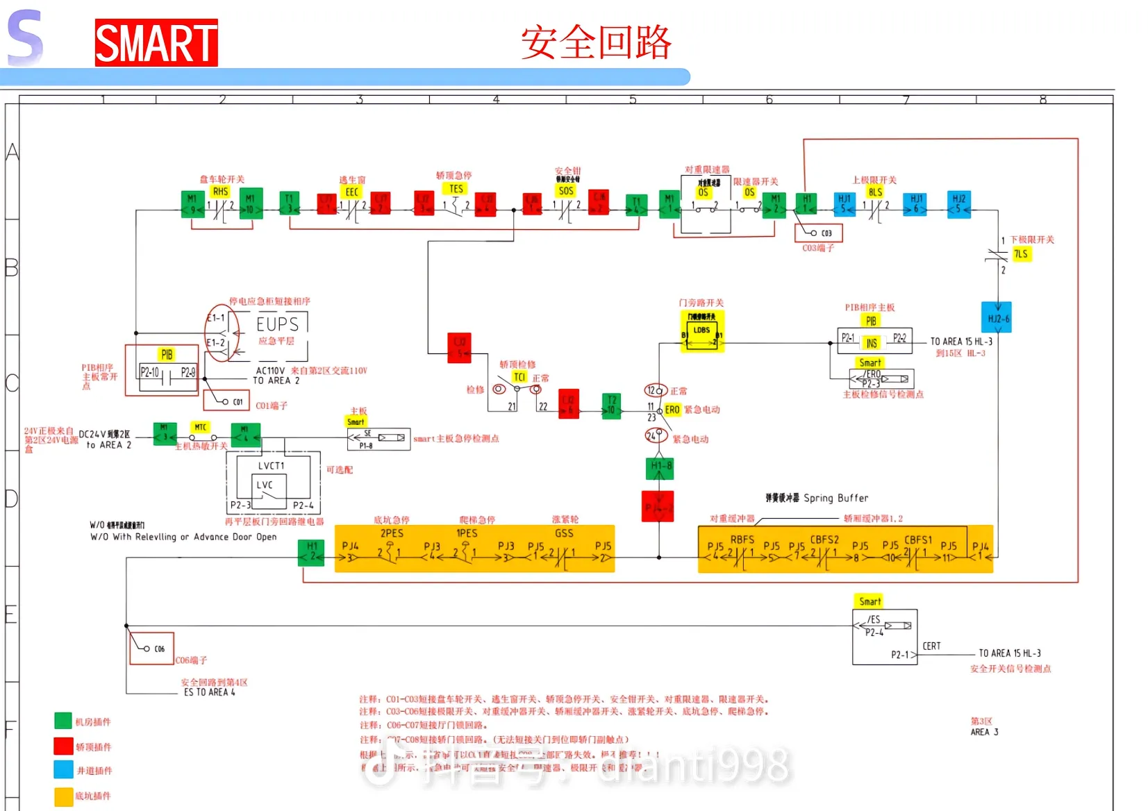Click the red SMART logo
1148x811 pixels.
coord(156,43)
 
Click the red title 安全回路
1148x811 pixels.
coord(596,42)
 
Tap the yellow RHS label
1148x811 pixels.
coord(220,192)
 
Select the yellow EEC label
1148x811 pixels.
coord(352,192)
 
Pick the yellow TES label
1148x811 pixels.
coord(456,189)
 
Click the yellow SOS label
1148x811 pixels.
coord(566,191)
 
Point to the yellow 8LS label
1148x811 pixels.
coord(875,192)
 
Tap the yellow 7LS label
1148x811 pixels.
coord(1020,254)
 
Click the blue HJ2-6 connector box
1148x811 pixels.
coord(997,318)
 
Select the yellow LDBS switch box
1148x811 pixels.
coord(702,332)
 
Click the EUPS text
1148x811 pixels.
coord(277,324)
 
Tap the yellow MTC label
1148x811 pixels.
coord(201,427)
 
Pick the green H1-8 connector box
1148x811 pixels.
coord(660,469)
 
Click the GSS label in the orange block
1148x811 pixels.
coord(564,533)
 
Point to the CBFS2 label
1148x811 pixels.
coord(824,540)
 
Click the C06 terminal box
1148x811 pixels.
coord(152,649)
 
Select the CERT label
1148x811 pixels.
coord(931,646)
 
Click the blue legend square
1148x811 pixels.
coord(64,769)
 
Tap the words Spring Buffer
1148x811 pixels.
coord(835,498)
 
